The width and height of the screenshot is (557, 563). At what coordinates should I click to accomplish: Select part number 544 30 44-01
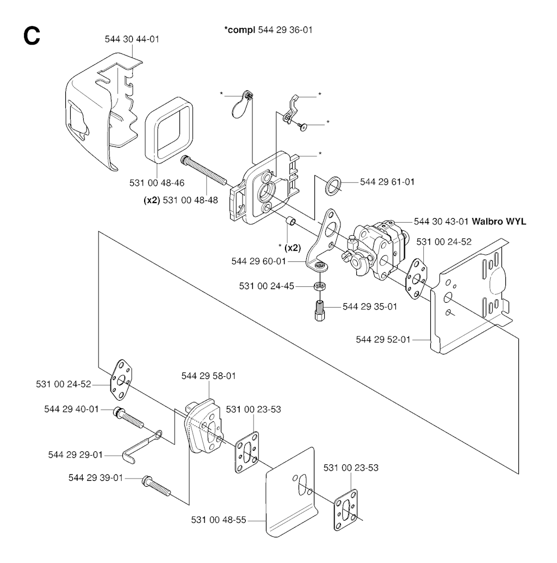tap(132, 39)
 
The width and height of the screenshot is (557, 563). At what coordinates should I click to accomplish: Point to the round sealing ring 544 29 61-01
tap(333, 186)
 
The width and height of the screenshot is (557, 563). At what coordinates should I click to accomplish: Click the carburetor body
tap(375, 245)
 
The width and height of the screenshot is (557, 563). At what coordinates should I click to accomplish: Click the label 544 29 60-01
tap(258, 261)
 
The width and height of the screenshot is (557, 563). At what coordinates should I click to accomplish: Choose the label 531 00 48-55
tap(218, 520)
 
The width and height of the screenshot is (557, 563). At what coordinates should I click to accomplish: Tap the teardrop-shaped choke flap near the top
tap(238, 105)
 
